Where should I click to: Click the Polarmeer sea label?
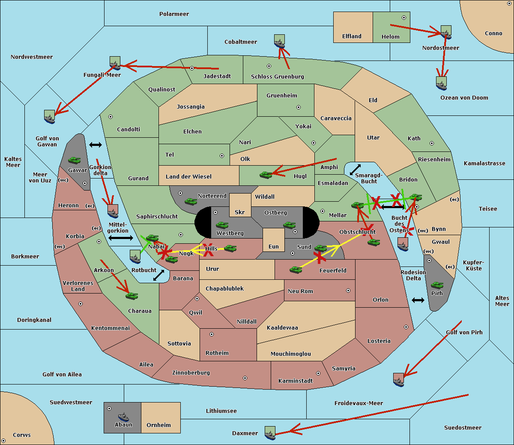[174, 14]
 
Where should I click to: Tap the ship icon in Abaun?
[124, 417]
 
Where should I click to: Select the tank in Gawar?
[75, 160]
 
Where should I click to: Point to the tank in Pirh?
[437, 285]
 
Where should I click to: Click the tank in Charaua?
[131, 296]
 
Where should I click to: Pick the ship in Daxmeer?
[270, 433]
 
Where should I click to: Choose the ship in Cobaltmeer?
[279, 41]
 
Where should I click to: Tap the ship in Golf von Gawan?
[49, 117]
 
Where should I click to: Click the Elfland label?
[352, 36]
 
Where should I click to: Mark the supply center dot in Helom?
[404, 18]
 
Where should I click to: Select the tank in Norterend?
[191, 201]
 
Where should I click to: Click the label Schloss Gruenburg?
[278, 76]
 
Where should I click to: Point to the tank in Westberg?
[222, 225]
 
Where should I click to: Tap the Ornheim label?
[158, 425]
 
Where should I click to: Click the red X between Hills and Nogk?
[209, 250]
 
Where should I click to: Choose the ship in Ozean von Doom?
[441, 83]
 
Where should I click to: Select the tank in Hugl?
[266, 175]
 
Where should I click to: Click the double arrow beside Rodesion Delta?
[418, 300]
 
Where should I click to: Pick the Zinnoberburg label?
[191, 373]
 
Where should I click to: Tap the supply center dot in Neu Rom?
[348, 291]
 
